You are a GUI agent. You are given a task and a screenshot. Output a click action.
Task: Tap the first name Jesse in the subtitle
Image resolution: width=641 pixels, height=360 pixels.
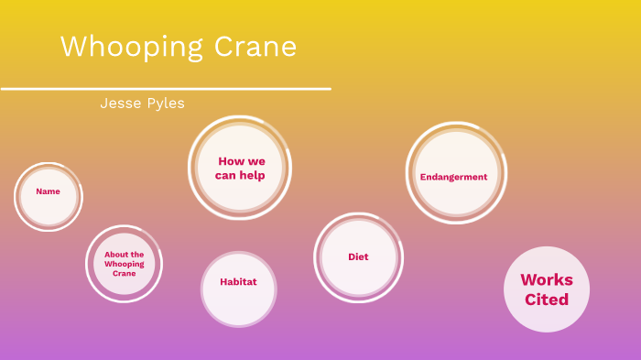[118, 104]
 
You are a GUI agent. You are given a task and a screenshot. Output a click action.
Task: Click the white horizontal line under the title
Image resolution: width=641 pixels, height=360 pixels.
[165, 89]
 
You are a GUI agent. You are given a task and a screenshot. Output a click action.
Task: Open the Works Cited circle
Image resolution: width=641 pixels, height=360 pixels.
[547, 289]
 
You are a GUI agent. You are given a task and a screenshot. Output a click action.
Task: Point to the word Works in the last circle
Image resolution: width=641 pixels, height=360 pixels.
[547, 279]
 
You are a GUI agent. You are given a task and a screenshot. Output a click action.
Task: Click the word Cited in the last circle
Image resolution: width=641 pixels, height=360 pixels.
[547, 300]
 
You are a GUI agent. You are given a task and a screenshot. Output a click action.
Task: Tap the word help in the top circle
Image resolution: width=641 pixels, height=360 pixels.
[253, 175]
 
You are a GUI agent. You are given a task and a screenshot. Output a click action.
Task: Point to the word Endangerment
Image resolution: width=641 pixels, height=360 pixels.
[453, 177]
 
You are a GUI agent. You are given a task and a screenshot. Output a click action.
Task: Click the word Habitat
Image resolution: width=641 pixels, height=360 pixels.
[238, 282]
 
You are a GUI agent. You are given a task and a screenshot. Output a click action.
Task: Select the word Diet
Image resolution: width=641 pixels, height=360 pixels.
[358, 257]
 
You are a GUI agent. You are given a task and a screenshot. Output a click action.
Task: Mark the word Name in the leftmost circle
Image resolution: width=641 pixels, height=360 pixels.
[48, 191]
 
